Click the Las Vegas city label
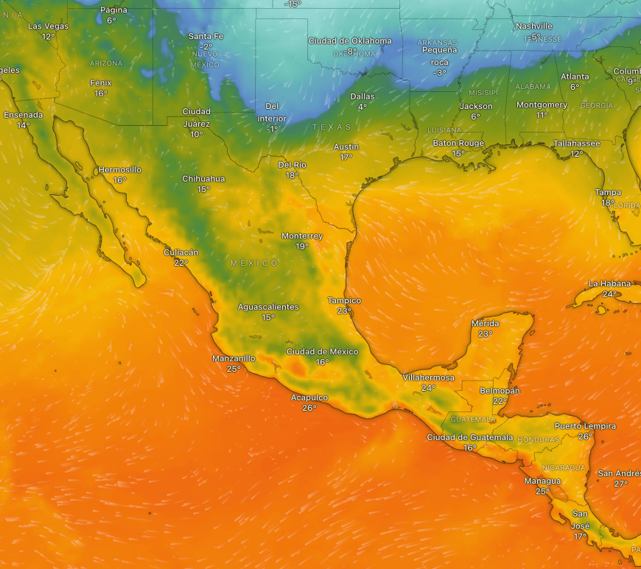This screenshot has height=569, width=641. [x=48, y=26]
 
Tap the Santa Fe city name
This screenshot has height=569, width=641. [x=206, y=36]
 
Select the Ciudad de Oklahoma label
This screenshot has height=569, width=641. [x=350, y=41]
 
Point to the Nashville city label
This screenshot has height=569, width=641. [x=534, y=26]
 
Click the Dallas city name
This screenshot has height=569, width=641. [x=362, y=96]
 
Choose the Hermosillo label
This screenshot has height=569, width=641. [x=119, y=170]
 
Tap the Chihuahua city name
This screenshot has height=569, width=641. [x=203, y=179]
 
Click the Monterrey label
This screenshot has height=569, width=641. [x=302, y=236]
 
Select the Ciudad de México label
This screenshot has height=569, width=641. [x=322, y=351]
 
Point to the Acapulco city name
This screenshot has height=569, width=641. [x=309, y=397]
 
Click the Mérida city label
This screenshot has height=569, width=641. [x=485, y=324]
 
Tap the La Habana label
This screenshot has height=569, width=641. [x=609, y=284]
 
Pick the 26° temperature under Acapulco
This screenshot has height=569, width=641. [x=309, y=408]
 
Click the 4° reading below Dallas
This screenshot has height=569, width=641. [x=362, y=107]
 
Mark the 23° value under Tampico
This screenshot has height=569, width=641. [x=344, y=311]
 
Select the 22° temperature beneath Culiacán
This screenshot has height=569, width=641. [x=181, y=263]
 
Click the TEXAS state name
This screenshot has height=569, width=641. [x=332, y=127]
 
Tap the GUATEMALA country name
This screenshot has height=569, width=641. [x=473, y=420]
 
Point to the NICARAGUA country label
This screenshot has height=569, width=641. [x=564, y=468]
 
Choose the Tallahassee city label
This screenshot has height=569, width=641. [x=577, y=144]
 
